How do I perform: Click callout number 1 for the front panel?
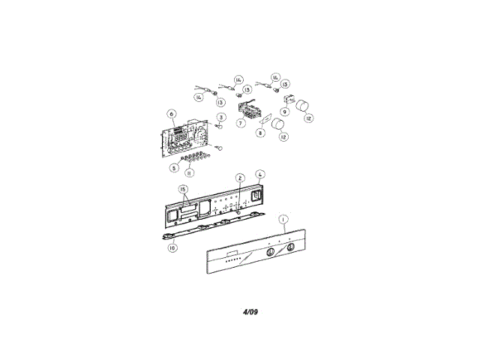[283, 220]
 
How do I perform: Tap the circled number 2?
[240, 178]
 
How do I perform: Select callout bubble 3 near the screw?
[221, 118]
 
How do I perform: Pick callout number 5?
[173, 166]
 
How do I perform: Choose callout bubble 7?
[241, 122]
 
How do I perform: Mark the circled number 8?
[260, 133]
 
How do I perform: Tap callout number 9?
[286, 111]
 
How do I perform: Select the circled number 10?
[172, 247]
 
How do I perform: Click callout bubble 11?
[190, 172]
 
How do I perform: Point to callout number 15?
[182, 190]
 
